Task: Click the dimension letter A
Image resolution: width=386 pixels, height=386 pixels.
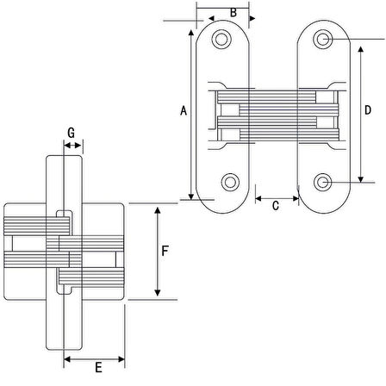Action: [x=184, y=110]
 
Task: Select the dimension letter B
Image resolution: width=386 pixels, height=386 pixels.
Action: [x=233, y=13]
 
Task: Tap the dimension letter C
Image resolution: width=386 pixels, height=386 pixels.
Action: [x=276, y=206]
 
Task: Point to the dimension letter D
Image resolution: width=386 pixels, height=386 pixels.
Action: [x=368, y=110]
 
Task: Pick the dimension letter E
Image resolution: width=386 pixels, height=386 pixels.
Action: [x=98, y=367]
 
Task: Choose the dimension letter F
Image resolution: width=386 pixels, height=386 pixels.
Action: [x=165, y=251]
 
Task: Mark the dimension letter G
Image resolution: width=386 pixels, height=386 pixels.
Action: [x=71, y=133]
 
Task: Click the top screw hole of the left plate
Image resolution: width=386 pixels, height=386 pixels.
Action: [x=221, y=39]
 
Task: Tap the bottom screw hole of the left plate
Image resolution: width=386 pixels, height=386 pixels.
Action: [x=230, y=182]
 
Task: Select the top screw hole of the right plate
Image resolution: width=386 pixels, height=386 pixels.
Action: [x=323, y=39]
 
